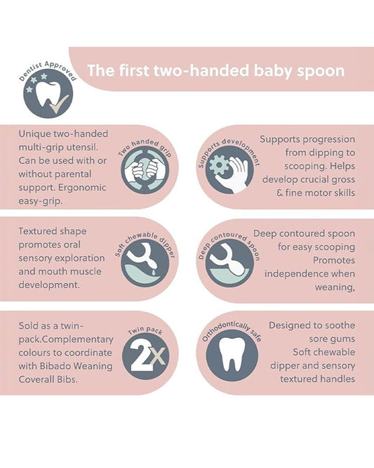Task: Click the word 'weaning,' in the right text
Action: [333, 287]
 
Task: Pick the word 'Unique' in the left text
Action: [36, 133]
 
